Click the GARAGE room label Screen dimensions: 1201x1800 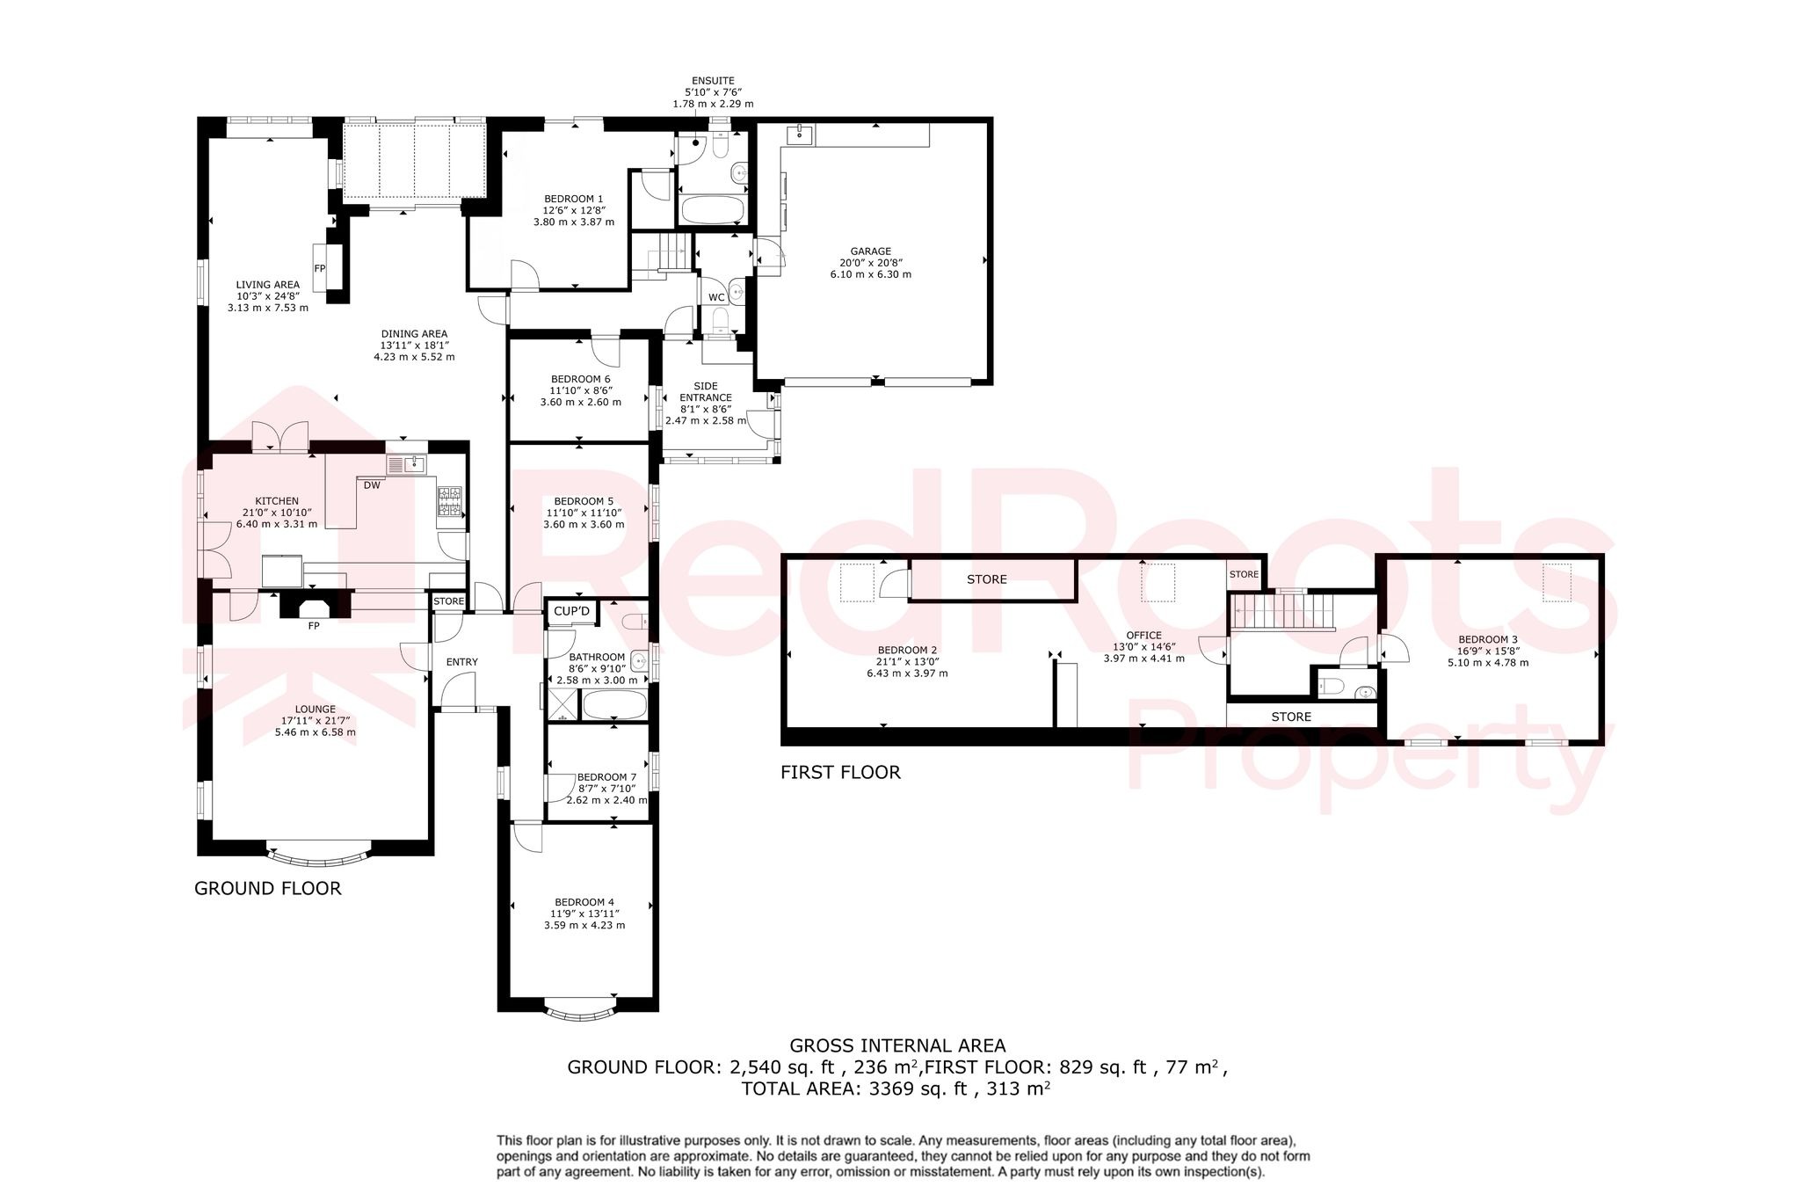(870, 251)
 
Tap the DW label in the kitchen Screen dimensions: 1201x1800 (372, 485)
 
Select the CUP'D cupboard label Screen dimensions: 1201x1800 (572, 611)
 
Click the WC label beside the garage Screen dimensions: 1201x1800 (716, 297)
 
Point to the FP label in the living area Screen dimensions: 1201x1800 (320, 268)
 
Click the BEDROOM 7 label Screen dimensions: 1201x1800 (606, 777)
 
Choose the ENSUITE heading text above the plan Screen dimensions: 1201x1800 (713, 80)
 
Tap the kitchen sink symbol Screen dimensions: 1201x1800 (406, 464)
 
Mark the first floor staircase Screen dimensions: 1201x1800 (1282, 611)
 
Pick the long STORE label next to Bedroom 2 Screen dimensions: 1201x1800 (987, 579)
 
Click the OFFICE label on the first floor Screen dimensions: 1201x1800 (1143, 635)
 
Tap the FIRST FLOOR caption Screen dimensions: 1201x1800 (840, 773)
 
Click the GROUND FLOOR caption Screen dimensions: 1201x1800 (267, 889)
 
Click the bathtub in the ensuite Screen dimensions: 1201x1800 (713, 212)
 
